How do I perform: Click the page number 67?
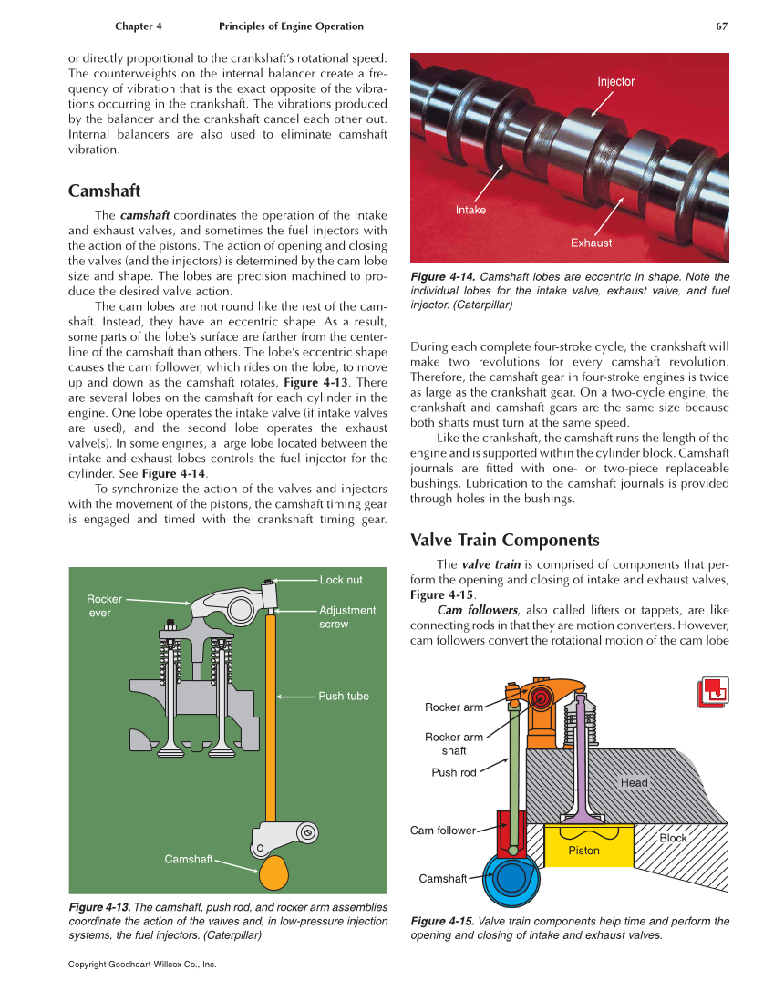coord(721,26)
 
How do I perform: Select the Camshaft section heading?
coord(104,191)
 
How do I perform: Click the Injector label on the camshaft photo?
coord(615,82)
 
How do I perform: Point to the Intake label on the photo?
coord(470,211)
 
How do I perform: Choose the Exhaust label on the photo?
coord(591,243)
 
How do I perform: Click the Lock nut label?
coord(340,580)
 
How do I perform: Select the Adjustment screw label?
coord(346,617)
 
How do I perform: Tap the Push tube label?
coord(344,697)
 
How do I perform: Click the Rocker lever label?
coord(104,606)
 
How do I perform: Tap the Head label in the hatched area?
coord(634,783)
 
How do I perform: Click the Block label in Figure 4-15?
coord(673,839)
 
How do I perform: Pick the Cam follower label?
coord(443,831)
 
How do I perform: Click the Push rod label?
coord(454,773)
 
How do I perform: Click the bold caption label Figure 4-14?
coord(442,277)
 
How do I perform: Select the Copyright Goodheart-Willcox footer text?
coord(142,964)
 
